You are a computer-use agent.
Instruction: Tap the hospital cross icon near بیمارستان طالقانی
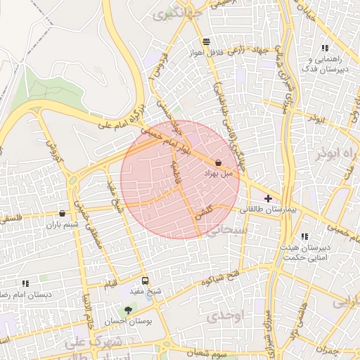[x=268, y=199]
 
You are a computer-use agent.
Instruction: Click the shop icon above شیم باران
[x=63, y=214]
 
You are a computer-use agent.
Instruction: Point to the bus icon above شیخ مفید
[x=146, y=280]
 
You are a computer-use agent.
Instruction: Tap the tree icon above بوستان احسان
[x=127, y=309]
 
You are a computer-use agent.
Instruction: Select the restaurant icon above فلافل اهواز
[x=205, y=41]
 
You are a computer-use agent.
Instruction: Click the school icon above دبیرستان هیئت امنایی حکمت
[x=304, y=237]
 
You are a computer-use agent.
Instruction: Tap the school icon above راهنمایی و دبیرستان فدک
[x=324, y=48]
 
